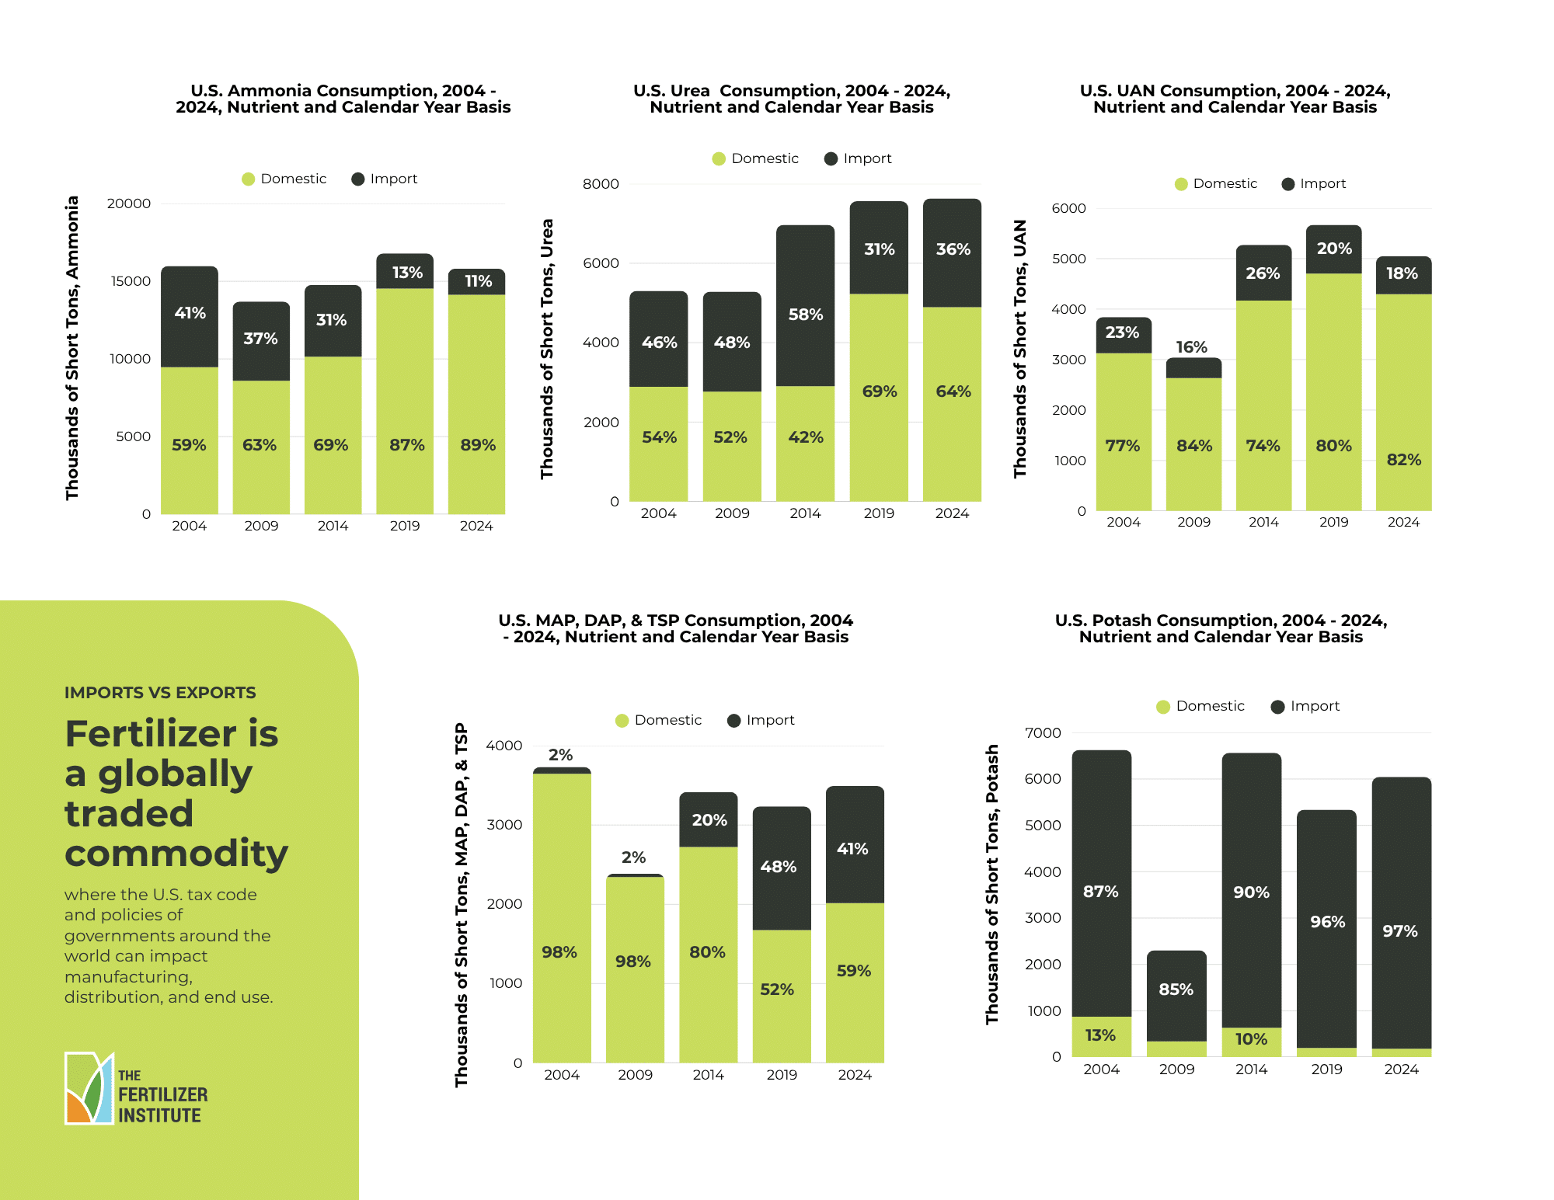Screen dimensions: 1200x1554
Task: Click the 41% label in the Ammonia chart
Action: coord(190,313)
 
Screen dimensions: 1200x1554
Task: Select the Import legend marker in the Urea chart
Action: coord(831,158)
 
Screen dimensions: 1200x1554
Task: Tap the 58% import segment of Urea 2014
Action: coord(805,315)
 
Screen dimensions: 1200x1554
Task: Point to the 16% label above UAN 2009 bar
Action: coord(1191,347)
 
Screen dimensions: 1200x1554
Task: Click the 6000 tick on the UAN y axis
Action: coord(1068,208)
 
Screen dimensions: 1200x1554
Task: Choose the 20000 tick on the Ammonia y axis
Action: coord(129,203)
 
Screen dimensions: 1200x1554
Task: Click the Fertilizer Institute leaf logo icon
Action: coord(89,1088)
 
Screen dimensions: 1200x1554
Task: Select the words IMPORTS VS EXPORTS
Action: coord(160,692)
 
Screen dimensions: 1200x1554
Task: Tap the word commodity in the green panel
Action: coord(176,854)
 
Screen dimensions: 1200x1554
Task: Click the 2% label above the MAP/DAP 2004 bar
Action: coord(560,755)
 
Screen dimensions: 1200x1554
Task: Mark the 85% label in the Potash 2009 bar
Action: coord(1176,990)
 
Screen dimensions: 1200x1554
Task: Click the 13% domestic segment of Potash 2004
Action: coord(1100,1035)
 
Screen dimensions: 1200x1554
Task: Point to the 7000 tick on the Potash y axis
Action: coord(1043,732)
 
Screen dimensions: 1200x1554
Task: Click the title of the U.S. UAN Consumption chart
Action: coord(1235,99)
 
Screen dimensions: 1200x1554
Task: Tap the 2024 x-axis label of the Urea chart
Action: coord(952,513)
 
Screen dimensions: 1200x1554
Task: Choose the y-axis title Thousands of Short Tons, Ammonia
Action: coord(72,348)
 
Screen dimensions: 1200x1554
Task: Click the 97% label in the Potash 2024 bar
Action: coord(1399,931)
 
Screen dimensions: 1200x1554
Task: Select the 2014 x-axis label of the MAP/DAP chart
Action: coord(708,1075)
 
